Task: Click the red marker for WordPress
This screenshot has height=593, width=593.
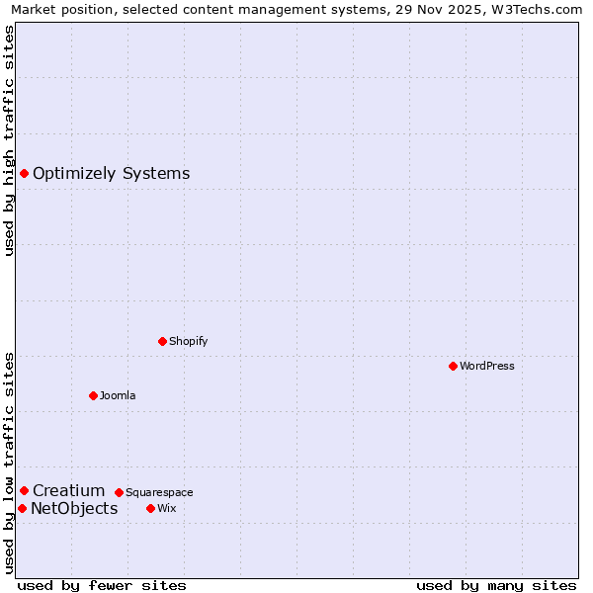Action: (453, 366)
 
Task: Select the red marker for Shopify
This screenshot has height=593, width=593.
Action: (162, 341)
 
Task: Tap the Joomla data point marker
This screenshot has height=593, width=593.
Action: (93, 395)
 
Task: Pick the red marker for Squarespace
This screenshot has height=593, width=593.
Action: (119, 492)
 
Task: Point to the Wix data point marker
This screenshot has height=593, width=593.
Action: (150, 508)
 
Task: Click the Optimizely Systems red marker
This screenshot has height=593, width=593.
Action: (24, 174)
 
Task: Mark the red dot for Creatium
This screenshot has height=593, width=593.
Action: (24, 490)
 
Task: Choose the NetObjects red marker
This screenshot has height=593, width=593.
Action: (22, 508)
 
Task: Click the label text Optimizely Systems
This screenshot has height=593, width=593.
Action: (111, 174)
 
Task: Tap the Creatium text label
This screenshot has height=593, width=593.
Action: (68, 490)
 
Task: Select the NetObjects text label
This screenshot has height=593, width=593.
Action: (74, 508)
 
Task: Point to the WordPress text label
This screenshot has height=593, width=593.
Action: (487, 366)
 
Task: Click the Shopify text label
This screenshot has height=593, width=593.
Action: (188, 341)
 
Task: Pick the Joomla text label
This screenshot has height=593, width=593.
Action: (118, 395)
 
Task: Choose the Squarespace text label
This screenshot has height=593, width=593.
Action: (159, 492)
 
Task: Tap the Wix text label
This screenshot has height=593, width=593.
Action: (166, 508)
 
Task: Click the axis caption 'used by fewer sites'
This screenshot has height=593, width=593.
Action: (102, 585)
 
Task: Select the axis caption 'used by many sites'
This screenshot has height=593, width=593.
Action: (496, 585)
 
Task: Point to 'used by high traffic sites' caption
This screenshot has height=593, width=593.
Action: (9, 140)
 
